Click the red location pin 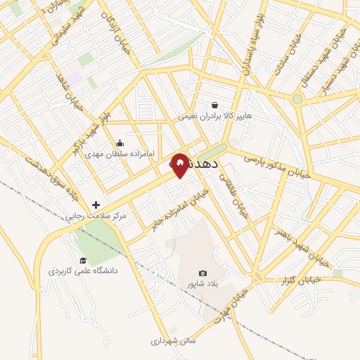click(x=180, y=165)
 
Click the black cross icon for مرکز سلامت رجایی click(x=96, y=205)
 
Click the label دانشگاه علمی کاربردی click(x=83, y=271)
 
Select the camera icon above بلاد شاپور click(x=203, y=273)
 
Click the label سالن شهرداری click(x=173, y=341)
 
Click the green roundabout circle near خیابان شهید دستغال click(x=297, y=99)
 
